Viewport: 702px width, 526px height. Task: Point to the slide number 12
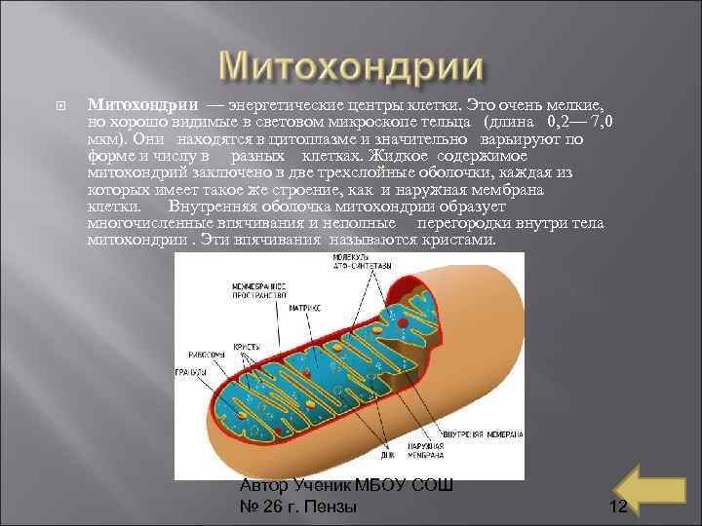616,507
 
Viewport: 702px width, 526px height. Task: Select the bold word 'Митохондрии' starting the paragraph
143,104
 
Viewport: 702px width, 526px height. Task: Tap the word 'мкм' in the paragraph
103,139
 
